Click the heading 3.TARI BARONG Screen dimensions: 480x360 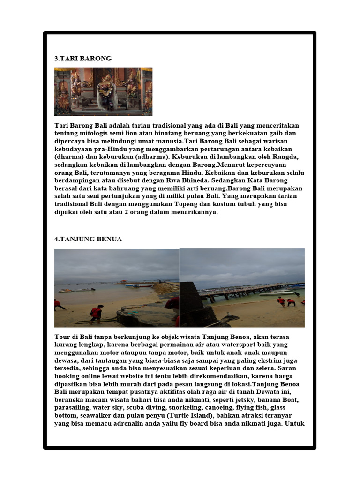coord(83,59)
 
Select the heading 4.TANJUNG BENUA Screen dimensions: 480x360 coord(88,239)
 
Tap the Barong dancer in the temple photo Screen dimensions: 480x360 coord(107,90)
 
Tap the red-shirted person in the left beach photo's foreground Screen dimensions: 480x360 coord(96,313)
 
